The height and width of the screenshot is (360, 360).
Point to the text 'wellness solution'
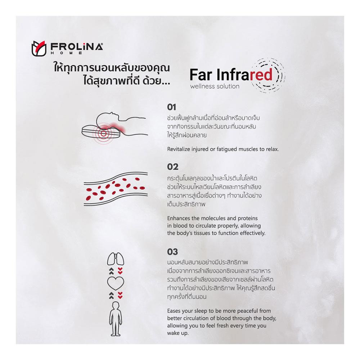tap(215, 86)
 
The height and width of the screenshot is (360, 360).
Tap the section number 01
tap(172, 107)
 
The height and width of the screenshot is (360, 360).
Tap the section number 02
tap(173, 167)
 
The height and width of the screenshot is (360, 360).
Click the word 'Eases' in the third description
tap(174, 311)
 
